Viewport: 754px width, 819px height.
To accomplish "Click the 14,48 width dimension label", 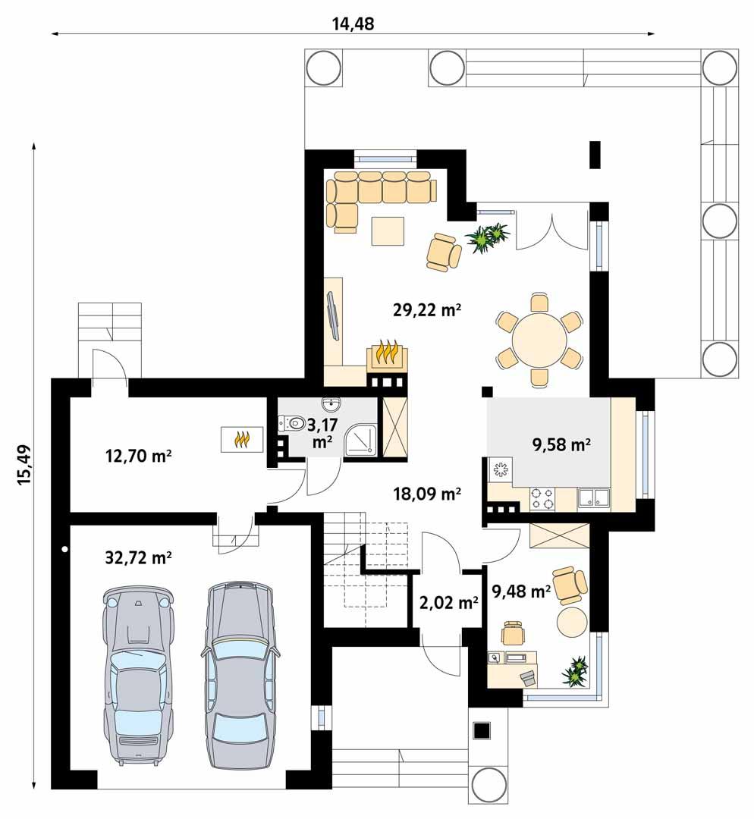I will [x=353, y=24].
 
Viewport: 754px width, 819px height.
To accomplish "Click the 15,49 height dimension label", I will [x=24, y=464].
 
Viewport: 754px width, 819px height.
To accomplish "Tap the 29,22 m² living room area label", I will [x=428, y=309].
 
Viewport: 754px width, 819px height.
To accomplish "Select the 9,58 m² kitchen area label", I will [x=561, y=445].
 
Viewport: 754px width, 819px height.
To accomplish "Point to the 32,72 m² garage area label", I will [x=137, y=558].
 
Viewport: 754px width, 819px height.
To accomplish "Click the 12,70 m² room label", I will [x=137, y=456].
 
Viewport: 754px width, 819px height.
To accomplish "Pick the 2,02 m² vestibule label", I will [x=448, y=604].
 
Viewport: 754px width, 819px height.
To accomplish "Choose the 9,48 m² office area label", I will [x=521, y=591].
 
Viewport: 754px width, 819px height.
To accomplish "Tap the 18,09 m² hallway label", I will [x=428, y=494].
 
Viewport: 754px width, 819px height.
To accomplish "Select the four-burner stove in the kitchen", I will [x=542, y=497].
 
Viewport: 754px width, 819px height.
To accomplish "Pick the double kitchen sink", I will [x=594, y=497].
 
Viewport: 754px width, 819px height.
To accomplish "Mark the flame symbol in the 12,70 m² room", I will [x=242, y=439].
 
